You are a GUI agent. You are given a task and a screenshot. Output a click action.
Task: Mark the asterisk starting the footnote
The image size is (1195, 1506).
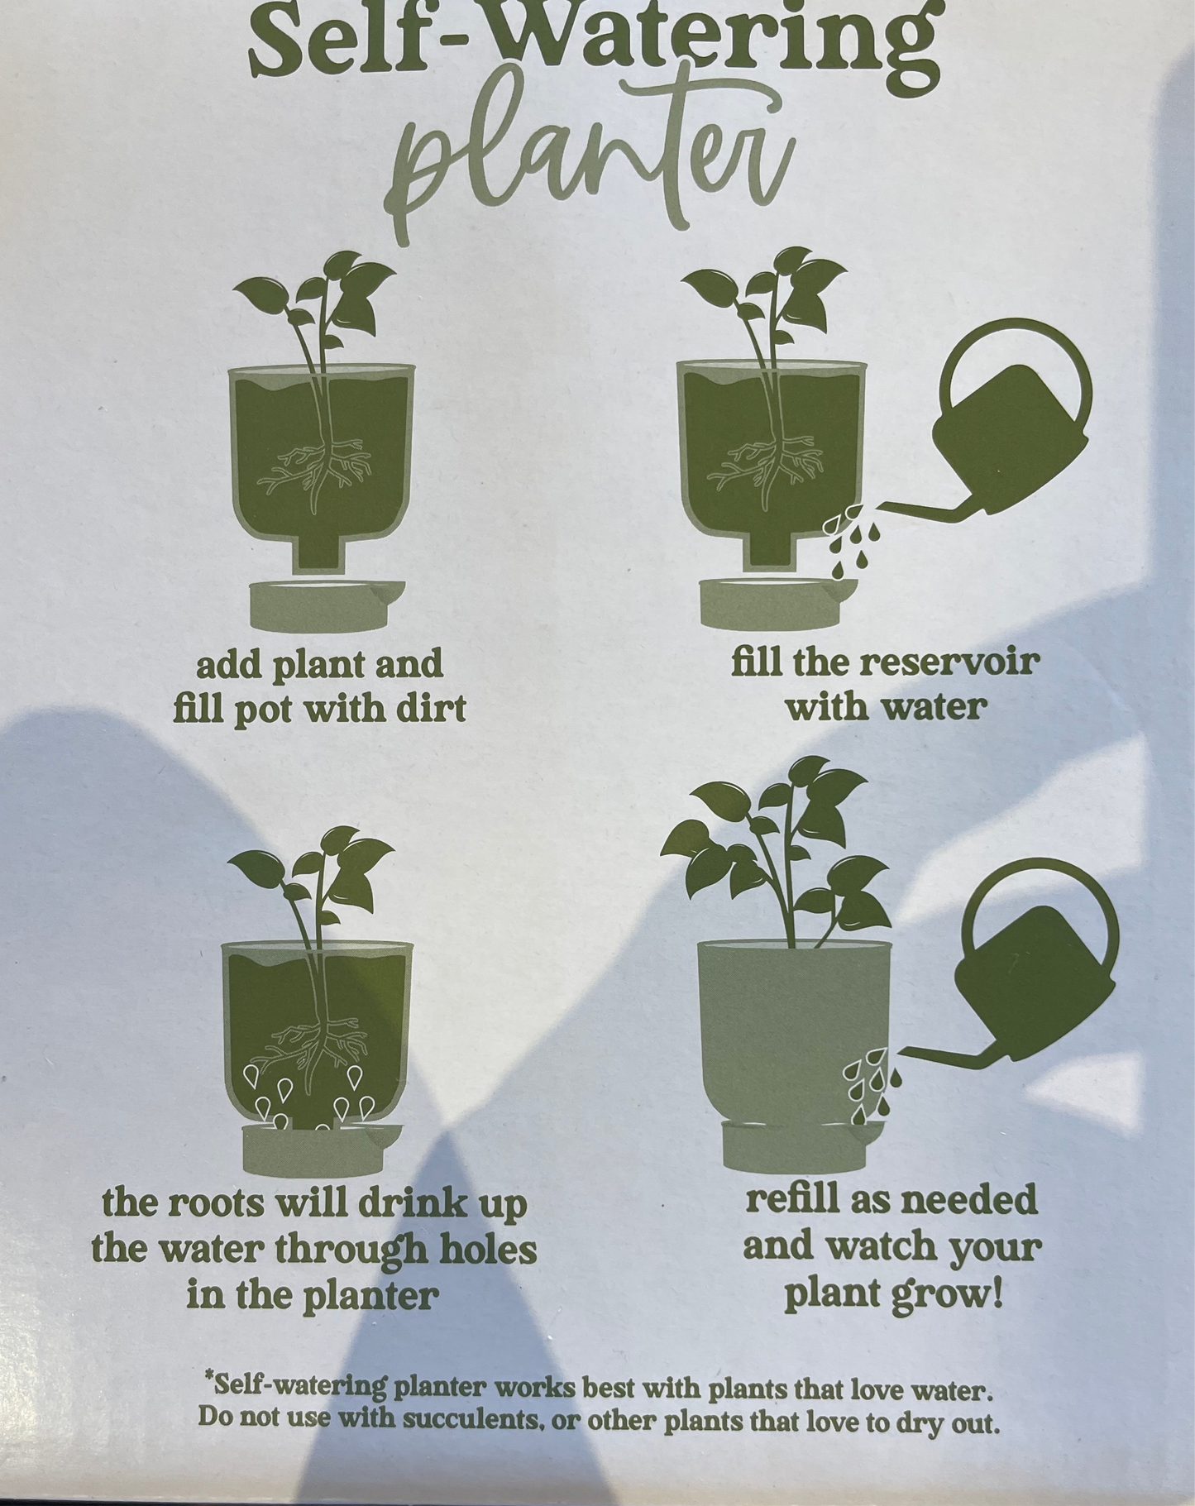pos(208,1379)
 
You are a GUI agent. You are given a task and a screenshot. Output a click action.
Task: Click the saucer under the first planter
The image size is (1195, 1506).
pos(327,604)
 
